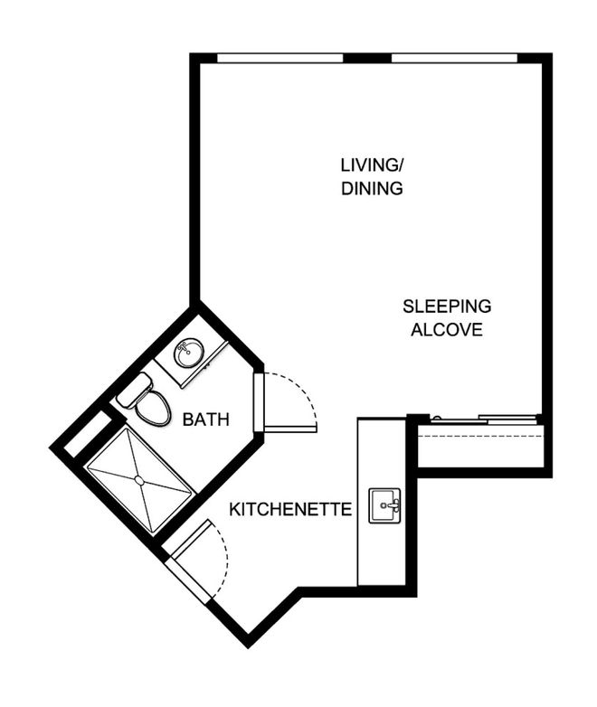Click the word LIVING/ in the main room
[372, 165]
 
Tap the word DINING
[372, 188]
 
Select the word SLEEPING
[447, 306]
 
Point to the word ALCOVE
[447, 330]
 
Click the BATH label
[205, 419]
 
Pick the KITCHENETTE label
[290, 510]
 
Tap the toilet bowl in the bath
[154, 408]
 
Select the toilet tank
[134, 391]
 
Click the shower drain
[140, 481]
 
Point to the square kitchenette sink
[384, 505]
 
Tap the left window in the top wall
[280, 58]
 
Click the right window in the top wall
[454, 58]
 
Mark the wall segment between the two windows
[367, 58]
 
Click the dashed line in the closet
[480, 436]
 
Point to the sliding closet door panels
[485, 419]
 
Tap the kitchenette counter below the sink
[382, 554]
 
